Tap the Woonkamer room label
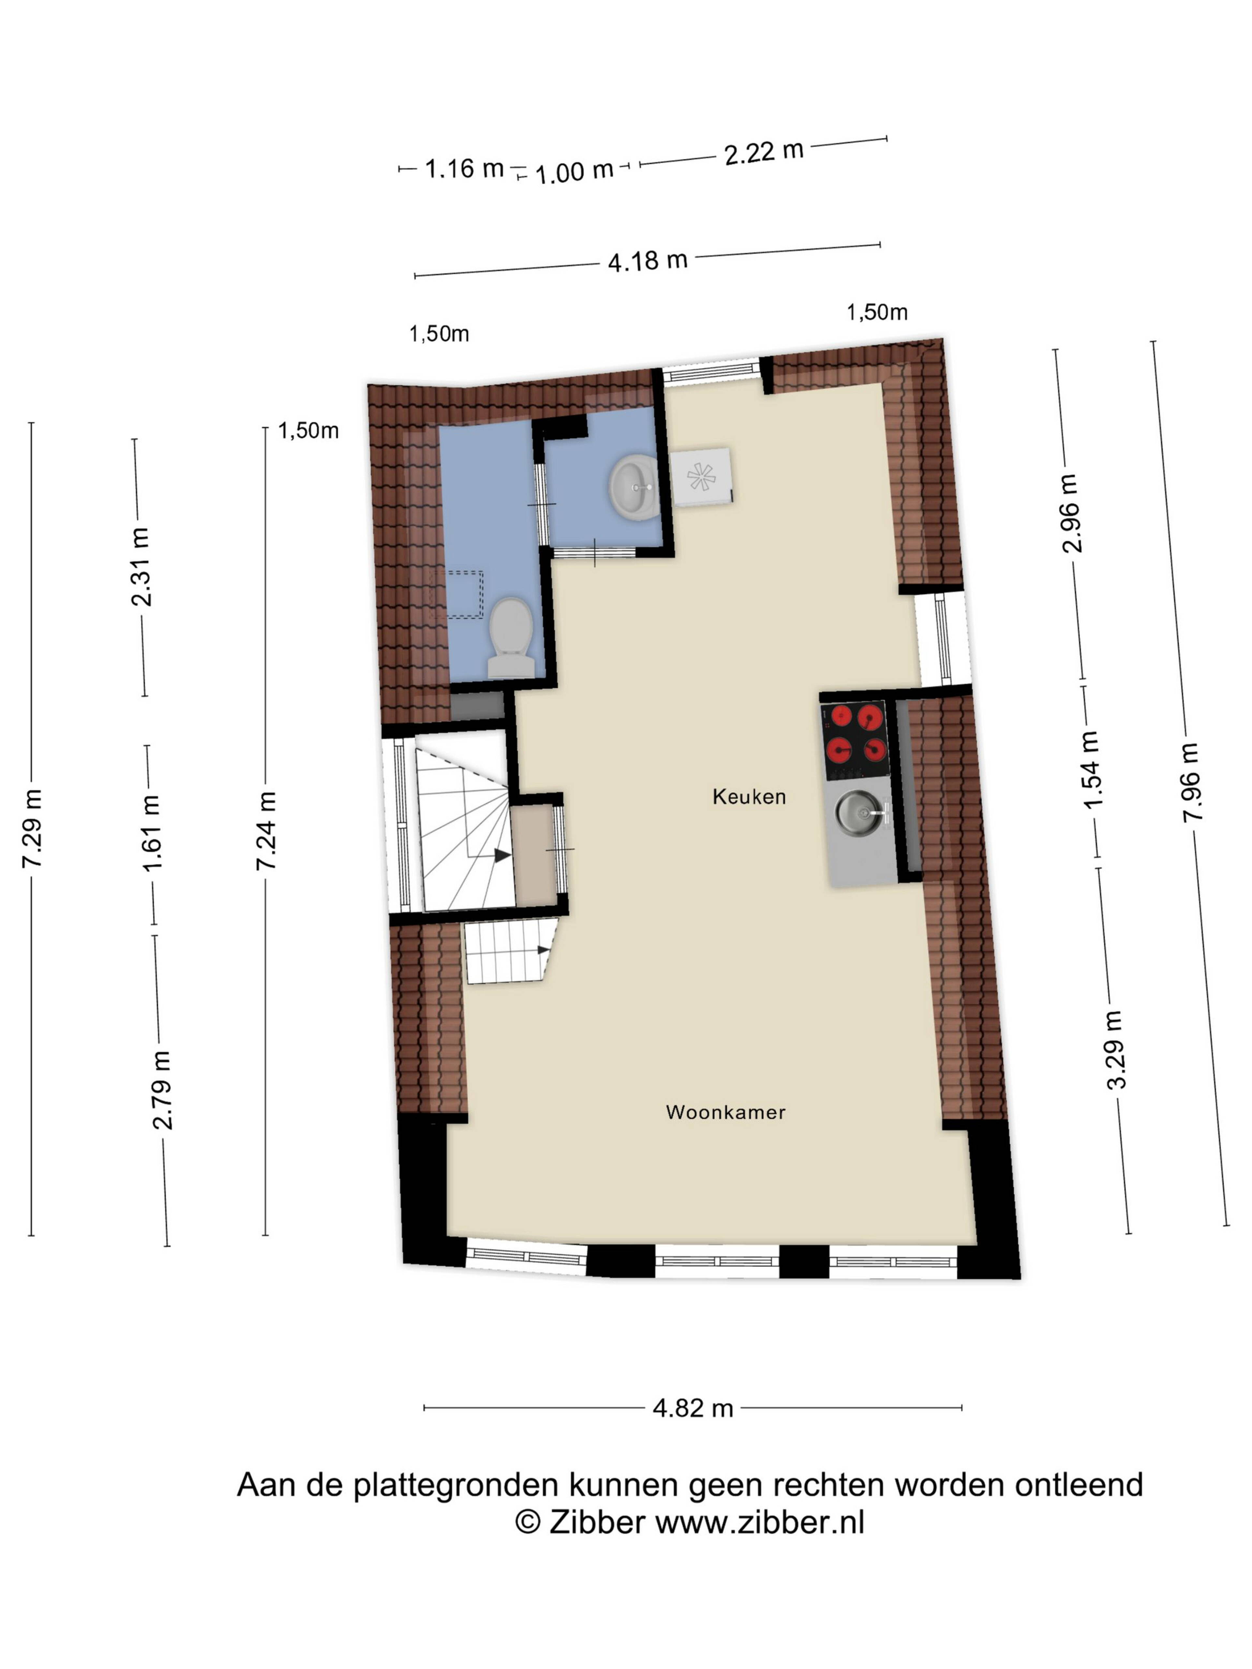(725, 1112)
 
